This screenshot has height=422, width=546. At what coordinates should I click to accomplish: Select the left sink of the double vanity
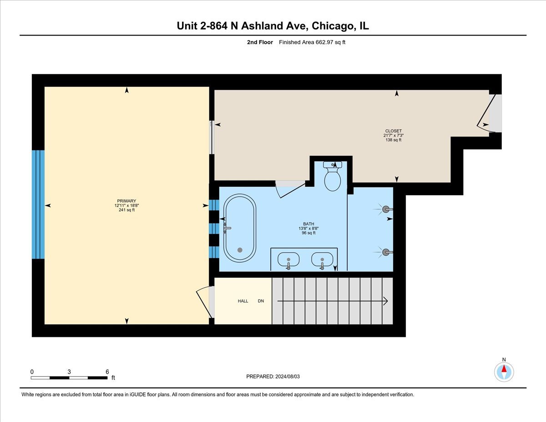coord(288,260)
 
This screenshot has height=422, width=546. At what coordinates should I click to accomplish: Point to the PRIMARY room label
coord(126,201)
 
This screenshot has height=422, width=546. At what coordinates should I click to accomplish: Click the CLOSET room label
coord(393,131)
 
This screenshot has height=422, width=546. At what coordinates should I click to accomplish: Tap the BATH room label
coord(308,224)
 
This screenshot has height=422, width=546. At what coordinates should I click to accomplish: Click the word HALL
coord(243,301)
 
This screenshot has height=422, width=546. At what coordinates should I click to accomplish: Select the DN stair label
coord(261,301)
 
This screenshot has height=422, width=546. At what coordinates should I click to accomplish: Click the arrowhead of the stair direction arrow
coord(385,301)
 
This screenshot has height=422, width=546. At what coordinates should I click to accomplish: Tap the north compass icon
coord(504,372)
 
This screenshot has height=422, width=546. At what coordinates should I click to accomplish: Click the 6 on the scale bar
coord(107,371)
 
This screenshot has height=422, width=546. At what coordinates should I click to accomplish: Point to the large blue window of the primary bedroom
coord(38,204)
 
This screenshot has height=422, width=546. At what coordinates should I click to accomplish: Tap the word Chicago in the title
coord(334,26)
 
